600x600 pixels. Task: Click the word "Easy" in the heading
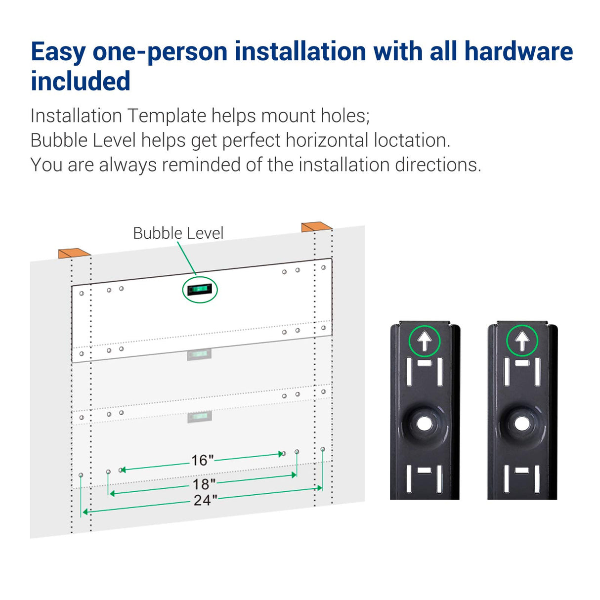click(58, 52)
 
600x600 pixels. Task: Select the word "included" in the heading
click(81, 81)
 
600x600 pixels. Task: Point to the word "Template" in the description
click(167, 116)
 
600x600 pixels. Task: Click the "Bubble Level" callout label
click(178, 233)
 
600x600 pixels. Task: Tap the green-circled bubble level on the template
click(200, 290)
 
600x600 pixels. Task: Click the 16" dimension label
click(202, 460)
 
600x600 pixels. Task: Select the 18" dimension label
click(204, 484)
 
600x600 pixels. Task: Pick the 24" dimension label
click(206, 500)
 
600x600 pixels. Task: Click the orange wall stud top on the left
click(75, 253)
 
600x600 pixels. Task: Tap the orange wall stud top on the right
click(317, 227)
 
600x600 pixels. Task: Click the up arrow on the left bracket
click(425, 341)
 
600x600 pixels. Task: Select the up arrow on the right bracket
click(522, 341)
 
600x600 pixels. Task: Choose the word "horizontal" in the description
click(327, 140)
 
